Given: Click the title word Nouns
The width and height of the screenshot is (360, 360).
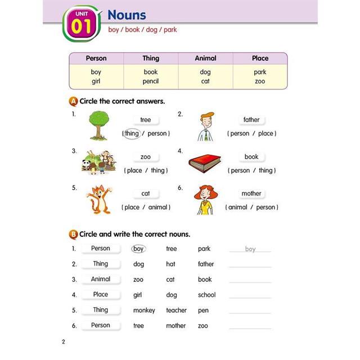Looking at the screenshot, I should [x=127, y=15].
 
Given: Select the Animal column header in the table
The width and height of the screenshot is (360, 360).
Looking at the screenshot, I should [x=205, y=58].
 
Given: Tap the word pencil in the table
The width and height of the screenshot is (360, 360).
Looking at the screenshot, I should [x=151, y=81].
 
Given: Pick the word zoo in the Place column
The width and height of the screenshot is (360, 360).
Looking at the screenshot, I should [x=260, y=81].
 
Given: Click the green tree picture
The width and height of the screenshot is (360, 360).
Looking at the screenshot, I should [x=99, y=125].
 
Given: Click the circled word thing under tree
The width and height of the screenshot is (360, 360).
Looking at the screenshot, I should [x=132, y=133].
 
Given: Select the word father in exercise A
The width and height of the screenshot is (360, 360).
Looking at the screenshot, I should [x=251, y=120].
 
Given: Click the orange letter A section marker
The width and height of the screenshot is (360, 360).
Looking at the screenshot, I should [x=73, y=102].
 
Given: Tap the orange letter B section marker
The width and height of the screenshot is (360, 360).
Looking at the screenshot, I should [x=73, y=234].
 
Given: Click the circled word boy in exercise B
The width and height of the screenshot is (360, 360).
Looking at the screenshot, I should [x=138, y=249].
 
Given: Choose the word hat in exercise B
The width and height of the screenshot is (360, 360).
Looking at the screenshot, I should [x=170, y=264].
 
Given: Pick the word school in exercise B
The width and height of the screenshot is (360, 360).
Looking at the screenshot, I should [x=206, y=295].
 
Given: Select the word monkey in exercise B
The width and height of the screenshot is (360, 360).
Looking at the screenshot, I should [x=144, y=310].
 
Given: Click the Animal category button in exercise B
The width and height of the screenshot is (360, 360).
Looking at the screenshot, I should [x=101, y=279].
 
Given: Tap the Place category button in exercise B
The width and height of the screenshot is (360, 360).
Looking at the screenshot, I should [x=101, y=294].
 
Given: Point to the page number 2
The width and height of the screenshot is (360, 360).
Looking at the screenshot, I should [x=64, y=341].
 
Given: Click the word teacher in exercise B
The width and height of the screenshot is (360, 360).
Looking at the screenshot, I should [x=176, y=310].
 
